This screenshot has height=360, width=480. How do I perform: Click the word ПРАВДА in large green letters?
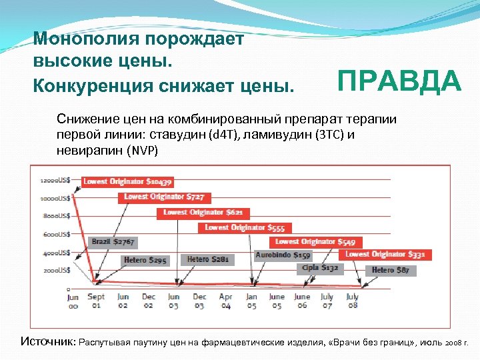(x=399, y=82)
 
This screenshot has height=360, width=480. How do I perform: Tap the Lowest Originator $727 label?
(x=164, y=197)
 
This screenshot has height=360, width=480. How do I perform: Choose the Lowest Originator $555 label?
(x=245, y=227)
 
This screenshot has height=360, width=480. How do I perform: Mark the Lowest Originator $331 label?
(x=385, y=254)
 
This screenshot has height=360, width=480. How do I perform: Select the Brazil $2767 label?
(x=113, y=241)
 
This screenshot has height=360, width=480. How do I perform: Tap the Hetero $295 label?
(x=144, y=259)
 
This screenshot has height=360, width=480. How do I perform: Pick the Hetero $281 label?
(x=207, y=259)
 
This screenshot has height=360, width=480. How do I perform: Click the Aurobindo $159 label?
(x=283, y=255)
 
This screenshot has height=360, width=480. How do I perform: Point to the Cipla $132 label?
(x=320, y=267)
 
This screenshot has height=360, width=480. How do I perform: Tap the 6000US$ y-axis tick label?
(x=56, y=234)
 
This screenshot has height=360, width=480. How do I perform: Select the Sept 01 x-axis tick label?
(x=96, y=301)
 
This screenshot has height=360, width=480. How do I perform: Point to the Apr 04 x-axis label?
(x=225, y=301)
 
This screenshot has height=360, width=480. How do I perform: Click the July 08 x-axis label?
(x=353, y=301)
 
